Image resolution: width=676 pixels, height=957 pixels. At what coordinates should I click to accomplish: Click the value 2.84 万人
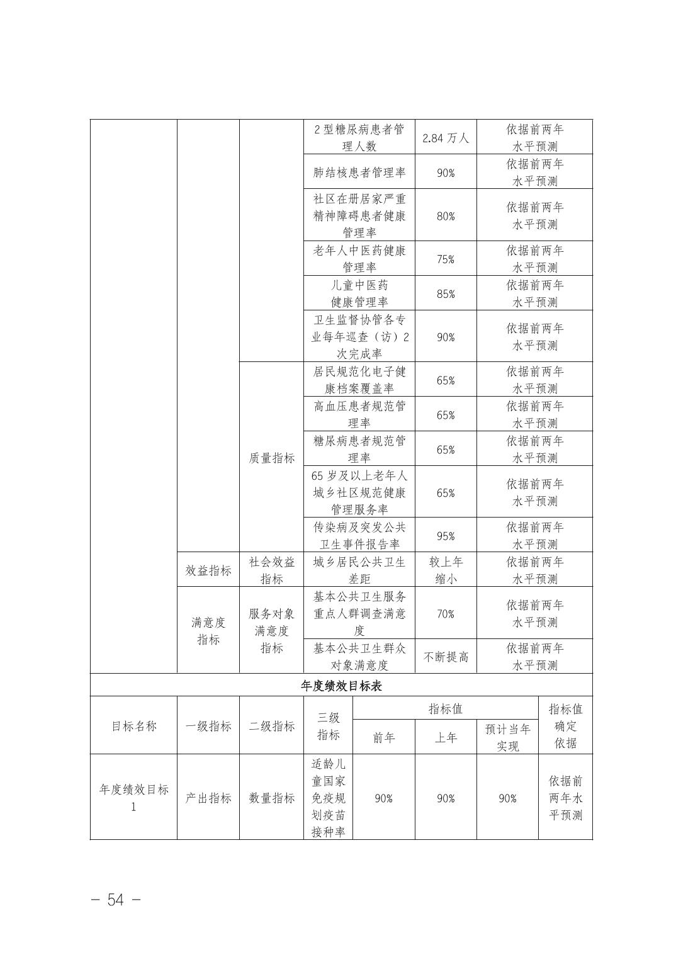[446, 138]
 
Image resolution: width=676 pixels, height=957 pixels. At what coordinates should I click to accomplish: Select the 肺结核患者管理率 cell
[359, 173]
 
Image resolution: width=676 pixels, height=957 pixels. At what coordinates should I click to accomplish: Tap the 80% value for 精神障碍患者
[446, 216]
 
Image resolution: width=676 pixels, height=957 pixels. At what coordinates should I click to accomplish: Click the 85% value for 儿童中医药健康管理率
[446, 294]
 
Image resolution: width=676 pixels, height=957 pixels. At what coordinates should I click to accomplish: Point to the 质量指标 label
[271, 458]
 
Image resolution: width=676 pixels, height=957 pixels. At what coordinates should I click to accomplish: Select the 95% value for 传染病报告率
[446, 536]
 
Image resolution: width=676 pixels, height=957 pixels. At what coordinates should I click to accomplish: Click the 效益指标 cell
[208, 570]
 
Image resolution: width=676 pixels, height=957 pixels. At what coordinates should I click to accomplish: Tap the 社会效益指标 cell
[271, 570]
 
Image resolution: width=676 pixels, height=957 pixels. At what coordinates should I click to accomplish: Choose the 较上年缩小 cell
[446, 570]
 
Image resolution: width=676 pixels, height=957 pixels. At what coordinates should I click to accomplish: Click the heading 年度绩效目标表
[341, 686]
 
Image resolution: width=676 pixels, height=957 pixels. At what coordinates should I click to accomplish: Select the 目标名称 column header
[133, 726]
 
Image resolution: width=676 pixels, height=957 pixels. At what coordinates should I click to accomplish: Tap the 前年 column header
[384, 737]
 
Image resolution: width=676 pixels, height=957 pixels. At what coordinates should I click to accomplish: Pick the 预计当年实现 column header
[507, 737]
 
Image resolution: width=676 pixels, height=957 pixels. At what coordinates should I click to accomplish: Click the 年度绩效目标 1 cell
[133, 798]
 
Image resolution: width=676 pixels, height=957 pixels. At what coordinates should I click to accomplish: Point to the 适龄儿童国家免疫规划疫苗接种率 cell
[328, 798]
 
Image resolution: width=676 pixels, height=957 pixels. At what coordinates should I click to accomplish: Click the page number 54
[116, 900]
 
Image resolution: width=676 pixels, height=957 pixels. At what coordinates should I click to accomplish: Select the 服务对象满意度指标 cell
[271, 631]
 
